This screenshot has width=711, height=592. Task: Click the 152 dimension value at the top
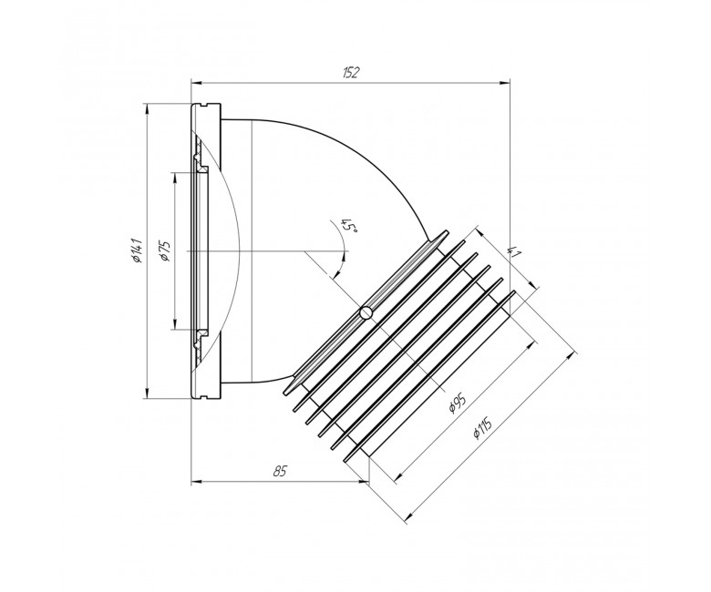[x=351, y=73]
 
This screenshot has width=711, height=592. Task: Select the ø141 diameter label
[x=138, y=251]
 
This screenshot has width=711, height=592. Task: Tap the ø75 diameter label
[x=166, y=250]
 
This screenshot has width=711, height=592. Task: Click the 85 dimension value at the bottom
[x=280, y=472]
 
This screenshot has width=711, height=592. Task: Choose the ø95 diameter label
[x=457, y=401]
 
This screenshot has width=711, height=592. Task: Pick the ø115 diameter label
[x=482, y=426]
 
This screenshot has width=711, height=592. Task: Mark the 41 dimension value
[x=514, y=252]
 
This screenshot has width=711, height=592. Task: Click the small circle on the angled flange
[x=366, y=312]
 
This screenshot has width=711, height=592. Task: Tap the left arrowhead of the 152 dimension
[x=196, y=83]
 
